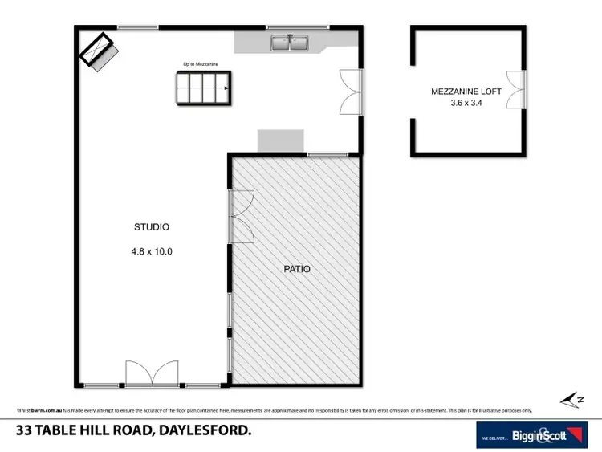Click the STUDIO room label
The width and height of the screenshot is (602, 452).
click(x=153, y=227)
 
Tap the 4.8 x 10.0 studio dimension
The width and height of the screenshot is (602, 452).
click(x=153, y=251)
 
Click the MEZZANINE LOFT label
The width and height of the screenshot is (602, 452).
click(x=466, y=92)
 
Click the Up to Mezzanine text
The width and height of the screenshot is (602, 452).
click(x=201, y=63)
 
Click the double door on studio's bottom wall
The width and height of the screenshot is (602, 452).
click(x=152, y=375)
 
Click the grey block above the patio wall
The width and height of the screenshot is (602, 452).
click(x=281, y=140)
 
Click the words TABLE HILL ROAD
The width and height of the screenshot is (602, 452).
click(x=96, y=431)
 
